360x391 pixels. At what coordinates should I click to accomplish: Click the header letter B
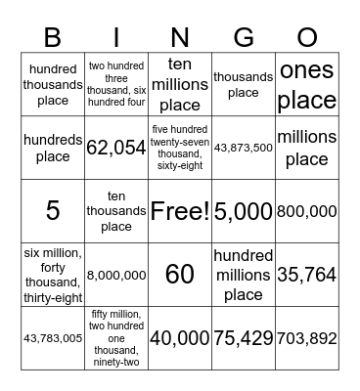53,37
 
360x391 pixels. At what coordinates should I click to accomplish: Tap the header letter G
243,37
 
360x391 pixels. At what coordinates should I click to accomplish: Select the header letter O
306,37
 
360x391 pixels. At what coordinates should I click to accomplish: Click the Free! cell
179,210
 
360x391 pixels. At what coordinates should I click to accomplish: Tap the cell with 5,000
243,210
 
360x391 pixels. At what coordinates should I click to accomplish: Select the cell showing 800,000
306,210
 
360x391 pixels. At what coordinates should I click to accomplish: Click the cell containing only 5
53,210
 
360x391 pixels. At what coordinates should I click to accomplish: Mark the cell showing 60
179,275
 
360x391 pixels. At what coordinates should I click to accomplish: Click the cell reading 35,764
306,275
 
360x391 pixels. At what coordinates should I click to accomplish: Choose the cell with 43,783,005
53,338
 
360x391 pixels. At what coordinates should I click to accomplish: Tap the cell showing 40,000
179,338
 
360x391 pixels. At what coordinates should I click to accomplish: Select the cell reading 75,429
243,338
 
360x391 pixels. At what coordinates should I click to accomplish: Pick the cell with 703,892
306,338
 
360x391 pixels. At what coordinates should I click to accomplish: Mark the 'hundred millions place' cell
243,275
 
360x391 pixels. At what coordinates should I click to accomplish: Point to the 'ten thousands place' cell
116,210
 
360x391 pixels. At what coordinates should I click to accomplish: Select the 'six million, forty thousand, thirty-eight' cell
53,275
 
